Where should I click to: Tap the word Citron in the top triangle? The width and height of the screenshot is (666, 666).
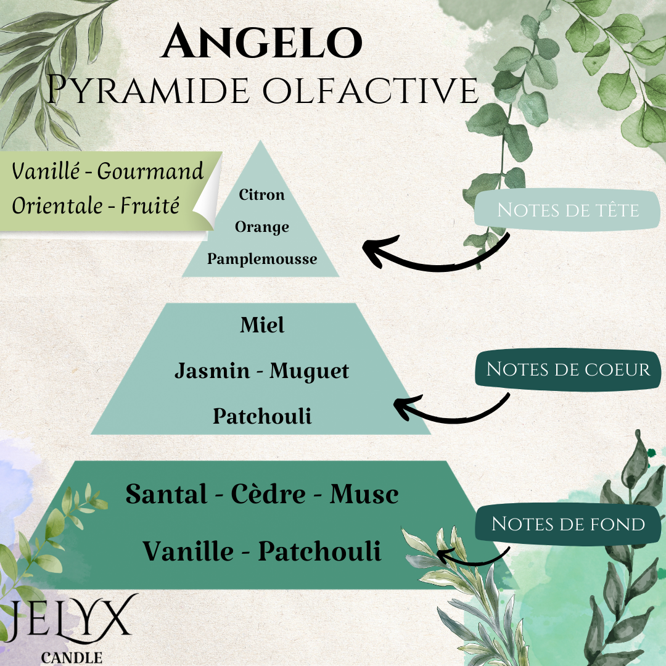coord(262,195)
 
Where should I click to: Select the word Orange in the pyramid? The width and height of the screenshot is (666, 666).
coord(262,227)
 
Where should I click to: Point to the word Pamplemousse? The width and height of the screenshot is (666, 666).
coord(262,259)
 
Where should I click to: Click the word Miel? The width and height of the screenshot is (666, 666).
coord(262,325)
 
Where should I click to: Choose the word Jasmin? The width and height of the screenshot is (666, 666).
coord(212,371)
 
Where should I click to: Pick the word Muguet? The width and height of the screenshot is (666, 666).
coord(310,371)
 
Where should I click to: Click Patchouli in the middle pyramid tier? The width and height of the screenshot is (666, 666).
coord(262,416)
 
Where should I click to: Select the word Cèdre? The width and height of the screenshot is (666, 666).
coord(268,494)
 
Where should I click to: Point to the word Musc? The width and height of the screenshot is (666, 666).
coord(364,494)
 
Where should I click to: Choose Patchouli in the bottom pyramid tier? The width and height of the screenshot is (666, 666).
coord(319,551)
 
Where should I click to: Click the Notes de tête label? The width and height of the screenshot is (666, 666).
coord(568,210)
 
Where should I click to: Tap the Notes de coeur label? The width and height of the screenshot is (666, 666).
coord(568,369)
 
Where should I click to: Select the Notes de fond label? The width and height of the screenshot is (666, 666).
coord(568,524)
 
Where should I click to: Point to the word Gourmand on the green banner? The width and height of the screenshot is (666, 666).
coord(150,171)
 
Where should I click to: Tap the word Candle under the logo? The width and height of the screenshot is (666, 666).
coord(72,657)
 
